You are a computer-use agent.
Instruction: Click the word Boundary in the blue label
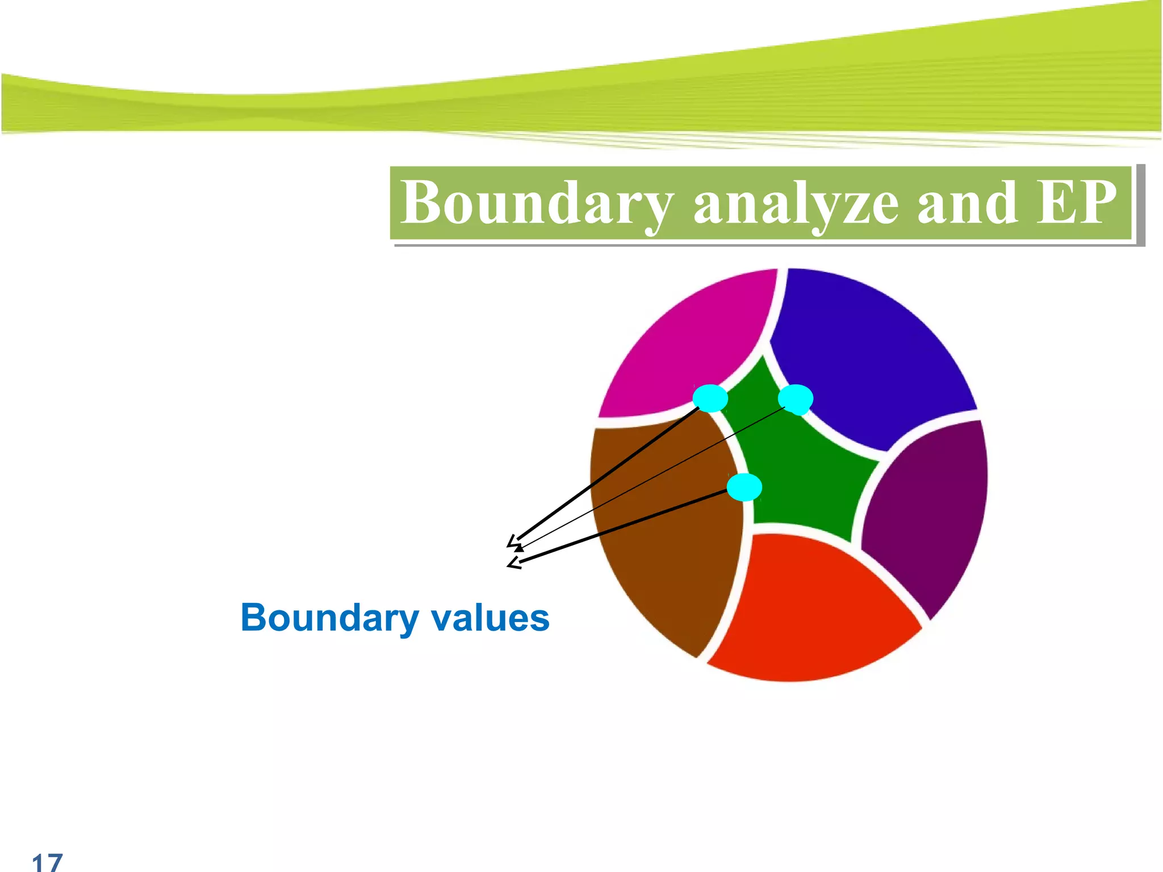[329, 618]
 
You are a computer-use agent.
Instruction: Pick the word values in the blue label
[491, 618]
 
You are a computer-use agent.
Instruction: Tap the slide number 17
[47, 862]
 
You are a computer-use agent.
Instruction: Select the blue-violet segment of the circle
[869, 358]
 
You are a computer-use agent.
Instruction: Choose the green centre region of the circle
[801, 466]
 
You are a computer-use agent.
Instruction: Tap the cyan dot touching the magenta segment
[710, 398]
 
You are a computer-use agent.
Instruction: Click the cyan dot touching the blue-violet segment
[796, 399]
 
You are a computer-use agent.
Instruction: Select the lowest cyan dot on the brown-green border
[744, 487]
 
